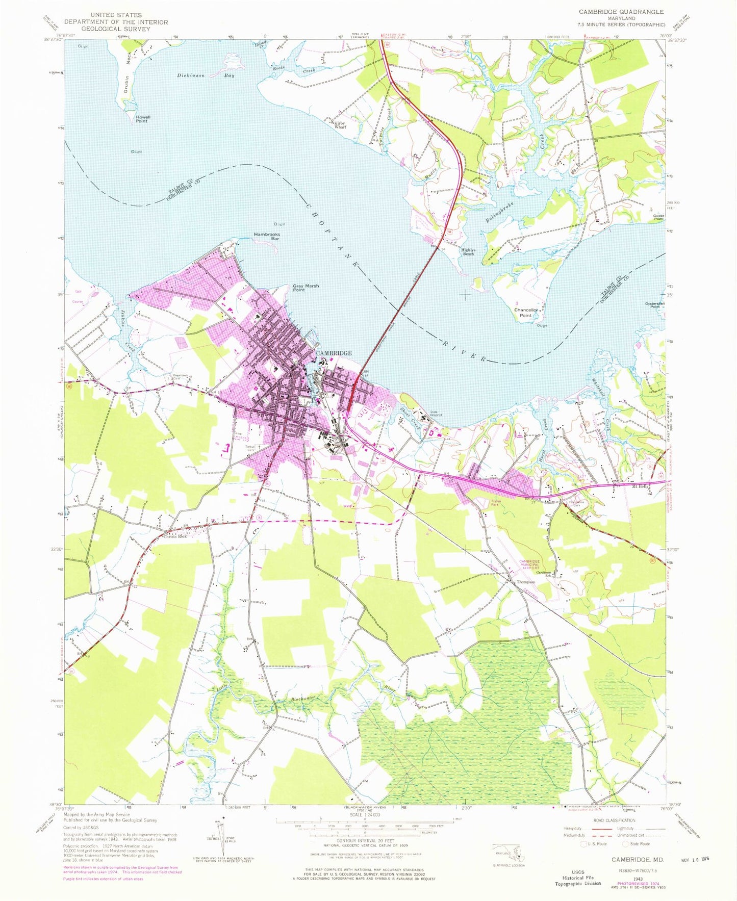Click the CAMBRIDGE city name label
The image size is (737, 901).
334,353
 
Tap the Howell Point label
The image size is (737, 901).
143,119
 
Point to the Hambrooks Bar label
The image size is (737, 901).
267,236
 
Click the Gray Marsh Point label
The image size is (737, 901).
306,288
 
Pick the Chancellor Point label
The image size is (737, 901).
526,313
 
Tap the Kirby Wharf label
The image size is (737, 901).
340,125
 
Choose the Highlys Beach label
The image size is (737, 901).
468,251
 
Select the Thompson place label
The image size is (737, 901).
526,582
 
